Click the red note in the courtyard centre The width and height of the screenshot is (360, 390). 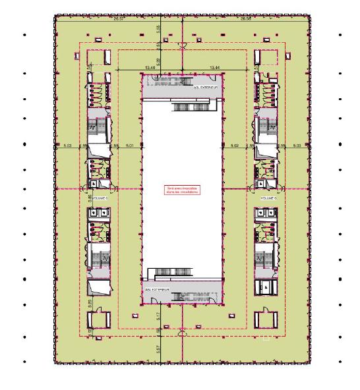(x=181, y=191)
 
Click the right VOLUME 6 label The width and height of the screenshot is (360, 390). (x=267, y=198)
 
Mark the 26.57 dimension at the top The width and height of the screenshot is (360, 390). (x=119, y=19)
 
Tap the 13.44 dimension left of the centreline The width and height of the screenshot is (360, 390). (x=150, y=67)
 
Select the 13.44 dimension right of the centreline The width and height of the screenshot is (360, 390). (x=213, y=67)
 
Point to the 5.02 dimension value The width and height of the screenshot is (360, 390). (x=234, y=144)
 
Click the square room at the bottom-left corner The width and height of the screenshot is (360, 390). (x=97, y=320)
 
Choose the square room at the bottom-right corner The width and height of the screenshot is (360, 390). (x=267, y=320)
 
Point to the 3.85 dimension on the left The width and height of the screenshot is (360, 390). (x=90, y=196)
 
